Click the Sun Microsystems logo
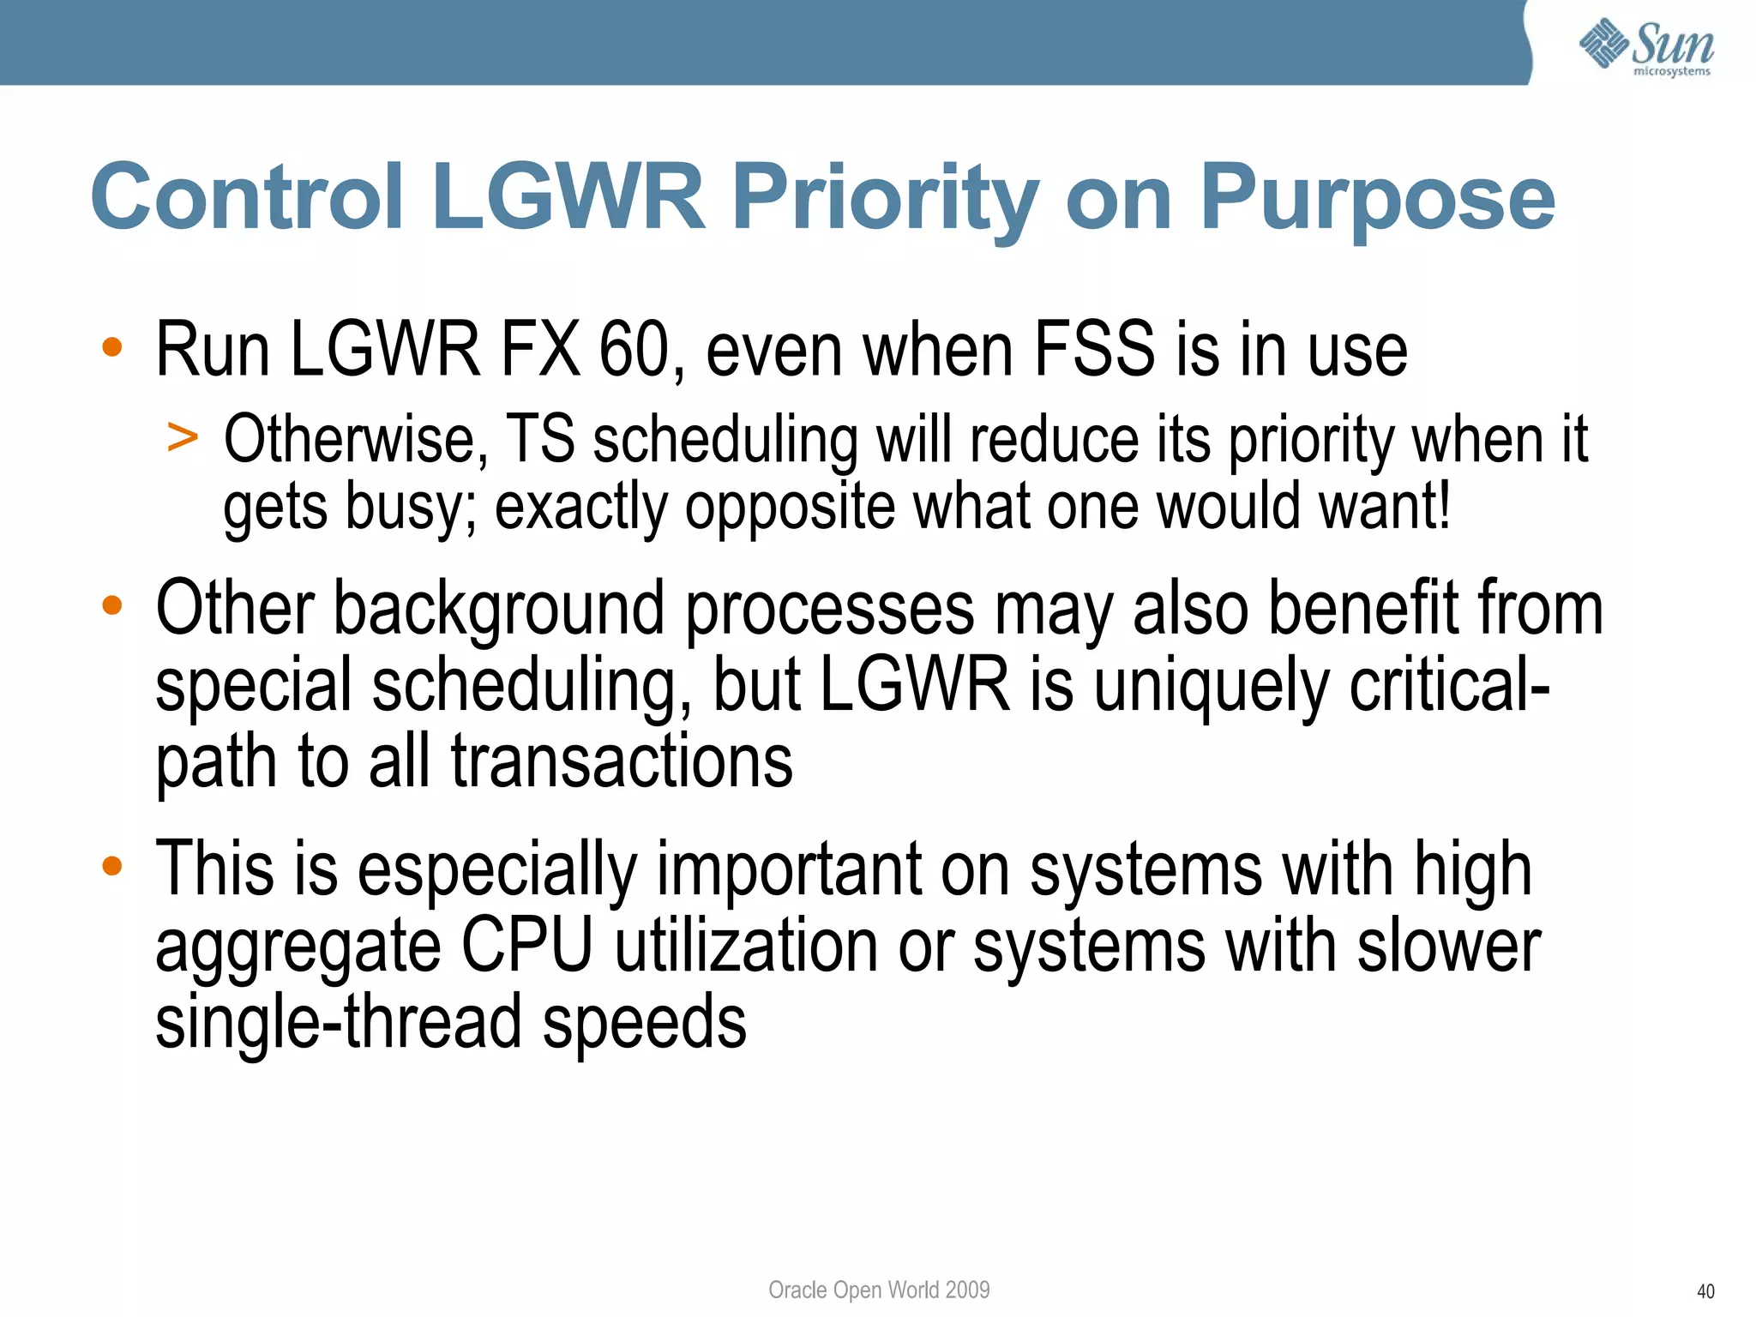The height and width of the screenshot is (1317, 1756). (x=1645, y=47)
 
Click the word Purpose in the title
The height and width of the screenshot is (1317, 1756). (x=1377, y=199)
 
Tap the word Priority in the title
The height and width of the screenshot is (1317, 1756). (x=886, y=199)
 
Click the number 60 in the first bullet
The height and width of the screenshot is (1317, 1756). (x=634, y=350)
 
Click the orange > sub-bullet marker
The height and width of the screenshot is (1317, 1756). (x=183, y=438)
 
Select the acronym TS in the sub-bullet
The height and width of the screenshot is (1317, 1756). (x=540, y=440)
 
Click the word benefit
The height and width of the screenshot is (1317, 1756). (x=1362, y=609)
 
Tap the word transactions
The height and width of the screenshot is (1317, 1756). (x=622, y=761)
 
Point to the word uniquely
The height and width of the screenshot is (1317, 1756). (x=1211, y=686)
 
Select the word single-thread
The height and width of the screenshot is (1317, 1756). (x=338, y=1022)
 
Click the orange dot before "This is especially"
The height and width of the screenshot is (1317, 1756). (x=112, y=865)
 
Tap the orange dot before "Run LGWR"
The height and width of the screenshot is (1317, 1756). (x=112, y=347)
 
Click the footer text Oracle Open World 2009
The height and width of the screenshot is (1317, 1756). (x=878, y=1290)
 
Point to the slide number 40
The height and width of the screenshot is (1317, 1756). (x=1705, y=1291)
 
